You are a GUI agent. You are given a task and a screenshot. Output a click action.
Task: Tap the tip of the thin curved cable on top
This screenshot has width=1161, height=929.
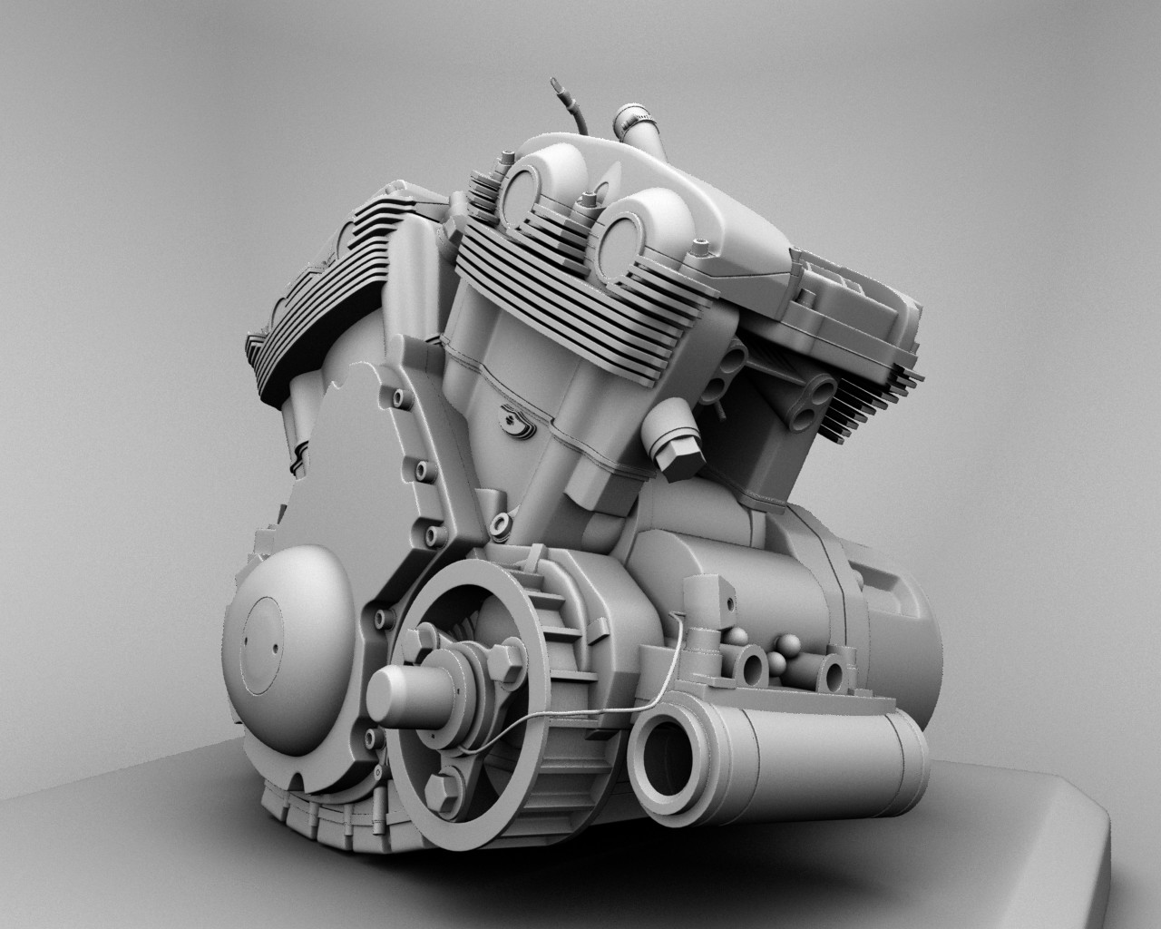coord(551,84)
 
